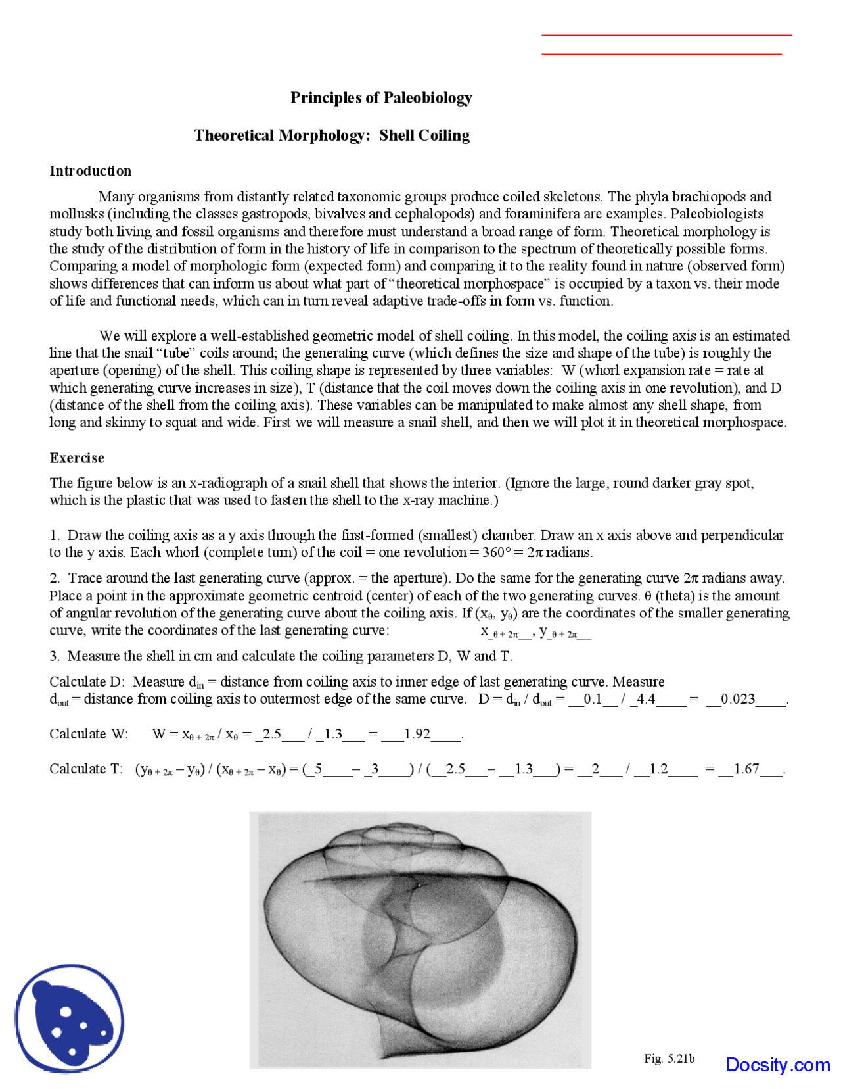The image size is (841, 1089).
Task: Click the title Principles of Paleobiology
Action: [381, 98]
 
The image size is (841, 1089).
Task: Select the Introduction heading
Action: [90, 171]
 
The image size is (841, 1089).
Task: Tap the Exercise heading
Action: [77, 458]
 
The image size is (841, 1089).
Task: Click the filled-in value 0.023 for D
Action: [738, 699]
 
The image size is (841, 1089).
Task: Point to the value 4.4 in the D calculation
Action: [646, 699]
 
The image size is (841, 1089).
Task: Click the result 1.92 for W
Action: [417, 734]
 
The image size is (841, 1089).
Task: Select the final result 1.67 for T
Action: [746, 769]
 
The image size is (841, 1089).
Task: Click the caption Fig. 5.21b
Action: [669, 1059]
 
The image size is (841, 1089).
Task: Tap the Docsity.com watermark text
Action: [777, 1065]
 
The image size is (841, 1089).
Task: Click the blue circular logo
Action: [69, 1019]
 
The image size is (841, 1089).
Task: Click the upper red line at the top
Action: [666, 35]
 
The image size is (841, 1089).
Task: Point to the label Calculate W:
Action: [89, 734]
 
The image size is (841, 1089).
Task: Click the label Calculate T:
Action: [86, 769]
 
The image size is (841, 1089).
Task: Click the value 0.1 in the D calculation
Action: [593, 699]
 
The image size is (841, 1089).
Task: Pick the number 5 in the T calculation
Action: [318, 769]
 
